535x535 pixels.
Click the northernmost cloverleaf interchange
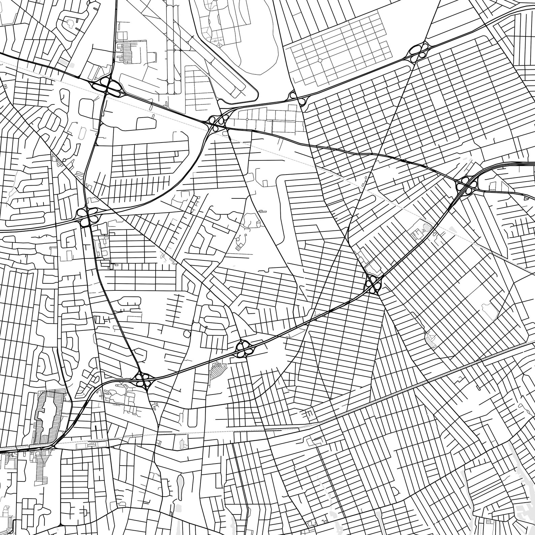click(x=418, y=52)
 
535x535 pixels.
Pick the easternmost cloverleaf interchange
click(x=466, y=186)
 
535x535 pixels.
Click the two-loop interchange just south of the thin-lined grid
click(x=297, y=98)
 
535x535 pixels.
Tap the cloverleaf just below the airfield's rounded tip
click(x=218, y=122)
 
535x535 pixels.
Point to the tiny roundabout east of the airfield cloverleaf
click(x=247, y=119)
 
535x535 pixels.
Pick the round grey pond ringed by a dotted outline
click(x=427, y=227)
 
